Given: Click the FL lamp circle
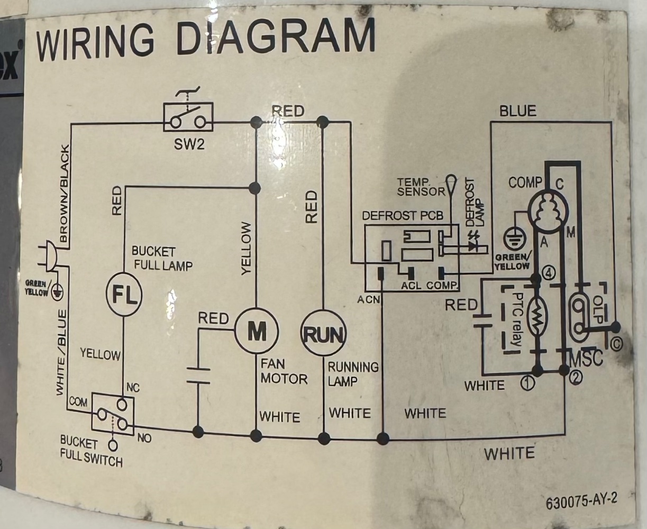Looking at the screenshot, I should pyautogui.click(x=125, y=294).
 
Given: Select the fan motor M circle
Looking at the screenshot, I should pyautogui.click(x=257, y=332).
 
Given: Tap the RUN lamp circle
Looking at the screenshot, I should pyautogui.click(x=323, y=334).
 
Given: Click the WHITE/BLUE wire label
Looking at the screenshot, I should pyautogui.click(x=62, y=352).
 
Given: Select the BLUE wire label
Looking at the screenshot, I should pyautogui.click(x=517, y=111).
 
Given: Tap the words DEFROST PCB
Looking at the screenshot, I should pyautogui.click(x=403, y=216).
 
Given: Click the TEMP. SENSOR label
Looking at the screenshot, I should pyautogui.click(x=421, y=187).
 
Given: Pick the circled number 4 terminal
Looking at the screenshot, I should pyautogui.click(x=549, y=273).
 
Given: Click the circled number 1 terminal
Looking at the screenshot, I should pyautogui.click(x=527, y=382).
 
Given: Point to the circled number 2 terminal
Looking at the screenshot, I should pyautogui.click(x=576, y=377).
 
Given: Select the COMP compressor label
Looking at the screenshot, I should pyautogui.click(x=525, y=183).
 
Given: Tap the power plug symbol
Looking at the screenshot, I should pyautogui.click(x=48, y=256).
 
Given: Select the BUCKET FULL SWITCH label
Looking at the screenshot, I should pyautogui.click(x=90, y=451).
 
